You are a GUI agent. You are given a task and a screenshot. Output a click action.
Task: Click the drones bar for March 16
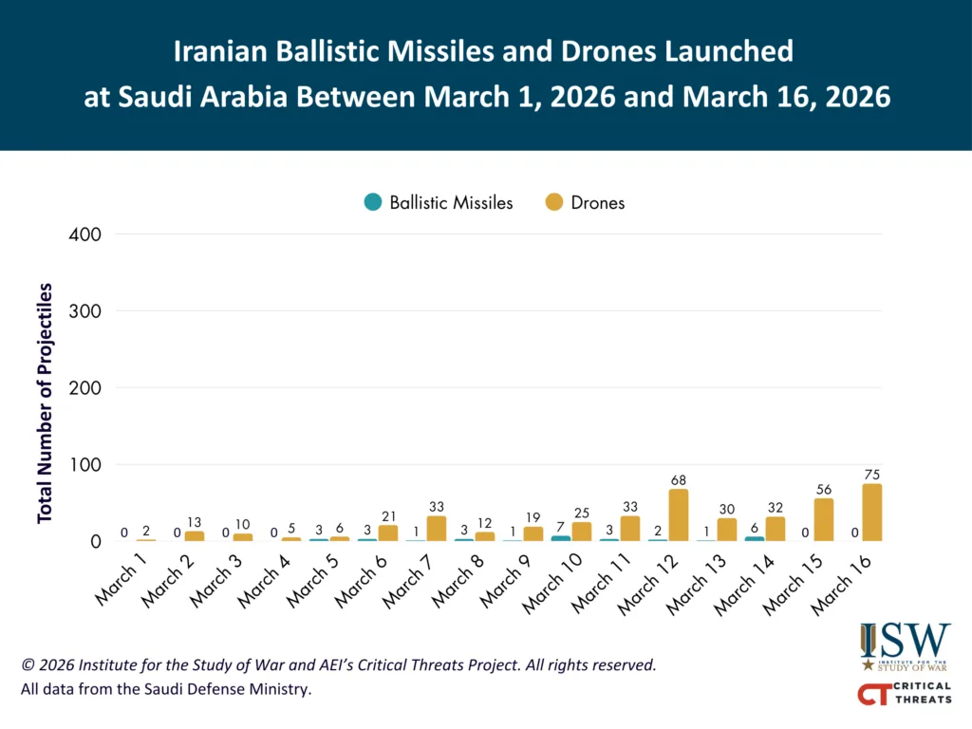coord(871,513)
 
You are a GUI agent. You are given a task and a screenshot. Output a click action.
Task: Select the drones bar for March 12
coord(678,515)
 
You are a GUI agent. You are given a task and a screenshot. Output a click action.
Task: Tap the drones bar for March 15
coord(823,519)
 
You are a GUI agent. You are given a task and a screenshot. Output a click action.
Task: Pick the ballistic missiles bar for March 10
coord(560,539)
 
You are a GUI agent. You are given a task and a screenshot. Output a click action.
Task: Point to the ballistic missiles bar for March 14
coord(755,539)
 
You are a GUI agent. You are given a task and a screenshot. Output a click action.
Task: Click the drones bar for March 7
coord(437,529)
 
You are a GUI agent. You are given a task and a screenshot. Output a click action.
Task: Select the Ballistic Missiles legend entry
coord(439,203)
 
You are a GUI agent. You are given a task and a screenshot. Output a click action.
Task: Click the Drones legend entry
coord(585,203)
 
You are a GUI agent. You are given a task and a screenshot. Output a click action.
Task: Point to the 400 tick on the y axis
coord(84,234)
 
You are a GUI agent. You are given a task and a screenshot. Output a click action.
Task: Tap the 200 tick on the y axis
coord(84,388)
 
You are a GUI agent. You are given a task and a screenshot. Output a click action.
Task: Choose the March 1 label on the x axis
coord(121,579)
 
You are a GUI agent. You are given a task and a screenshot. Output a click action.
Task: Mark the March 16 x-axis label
coord(841,585)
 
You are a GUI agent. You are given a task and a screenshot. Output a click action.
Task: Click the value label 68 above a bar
coord(678,480)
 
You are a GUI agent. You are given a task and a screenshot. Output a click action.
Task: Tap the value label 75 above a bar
coord(871,475)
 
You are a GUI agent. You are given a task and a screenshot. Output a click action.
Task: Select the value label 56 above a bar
coord(823,490)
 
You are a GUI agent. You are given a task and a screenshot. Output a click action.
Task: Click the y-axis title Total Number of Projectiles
coord(45,402)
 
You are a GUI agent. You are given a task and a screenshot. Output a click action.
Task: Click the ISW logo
coord(905,646)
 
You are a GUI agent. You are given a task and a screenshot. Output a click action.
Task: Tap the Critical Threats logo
coord(905,693)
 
